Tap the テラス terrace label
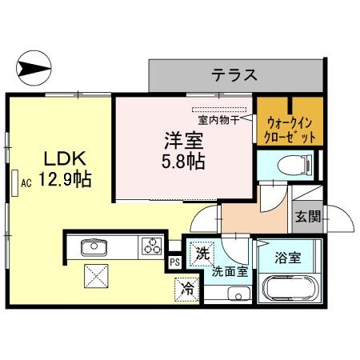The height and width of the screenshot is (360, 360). pos(234,76)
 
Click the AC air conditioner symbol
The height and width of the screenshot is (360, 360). pos(18,182)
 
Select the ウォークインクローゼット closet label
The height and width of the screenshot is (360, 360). pos(290,130)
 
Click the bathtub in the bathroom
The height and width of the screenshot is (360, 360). pos(290,286)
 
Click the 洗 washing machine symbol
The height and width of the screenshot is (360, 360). pos(201,254)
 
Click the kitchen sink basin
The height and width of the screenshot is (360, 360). pos(89,246)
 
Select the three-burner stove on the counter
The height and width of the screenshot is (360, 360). pos(150,246)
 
